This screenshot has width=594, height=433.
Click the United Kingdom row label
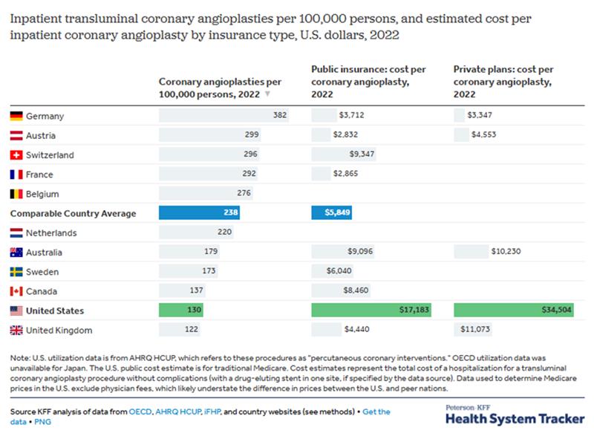[59, 331]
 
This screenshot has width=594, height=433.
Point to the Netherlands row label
[51, 233]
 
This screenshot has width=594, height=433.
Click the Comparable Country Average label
[73, 213]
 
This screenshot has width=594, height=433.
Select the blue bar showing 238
[199, 213]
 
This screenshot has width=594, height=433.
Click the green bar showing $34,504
[513, 311]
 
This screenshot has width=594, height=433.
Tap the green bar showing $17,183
[371, 311]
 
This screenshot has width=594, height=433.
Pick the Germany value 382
[279, 116]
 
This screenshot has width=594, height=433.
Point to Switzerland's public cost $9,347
[362, 155]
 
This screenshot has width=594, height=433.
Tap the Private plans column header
[503, 82]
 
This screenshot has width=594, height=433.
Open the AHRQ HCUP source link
[181, 411]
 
